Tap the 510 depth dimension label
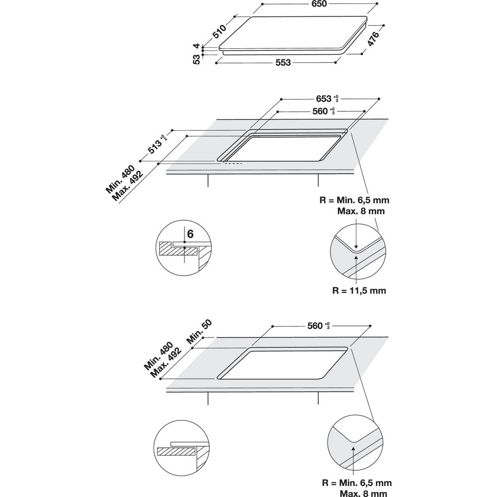click(220, 32)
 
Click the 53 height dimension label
click(197, 59)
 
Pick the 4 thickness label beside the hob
click(197, 46)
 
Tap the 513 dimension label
click(153, 145)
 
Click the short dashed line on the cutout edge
click(232, 163)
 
